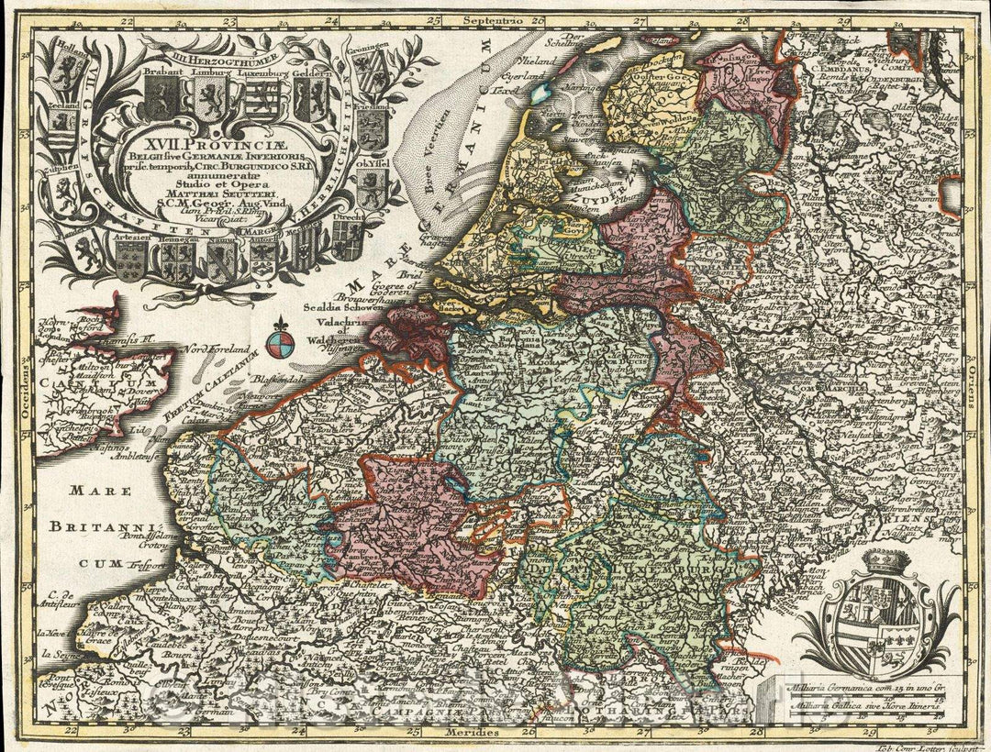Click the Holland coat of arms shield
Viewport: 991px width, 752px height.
click(x=67, y=75)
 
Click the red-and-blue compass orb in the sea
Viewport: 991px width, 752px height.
click(x=282, y=344)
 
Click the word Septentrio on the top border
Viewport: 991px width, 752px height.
click(x=494, y=18)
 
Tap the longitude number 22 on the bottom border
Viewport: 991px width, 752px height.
click(x=71, y=731)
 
